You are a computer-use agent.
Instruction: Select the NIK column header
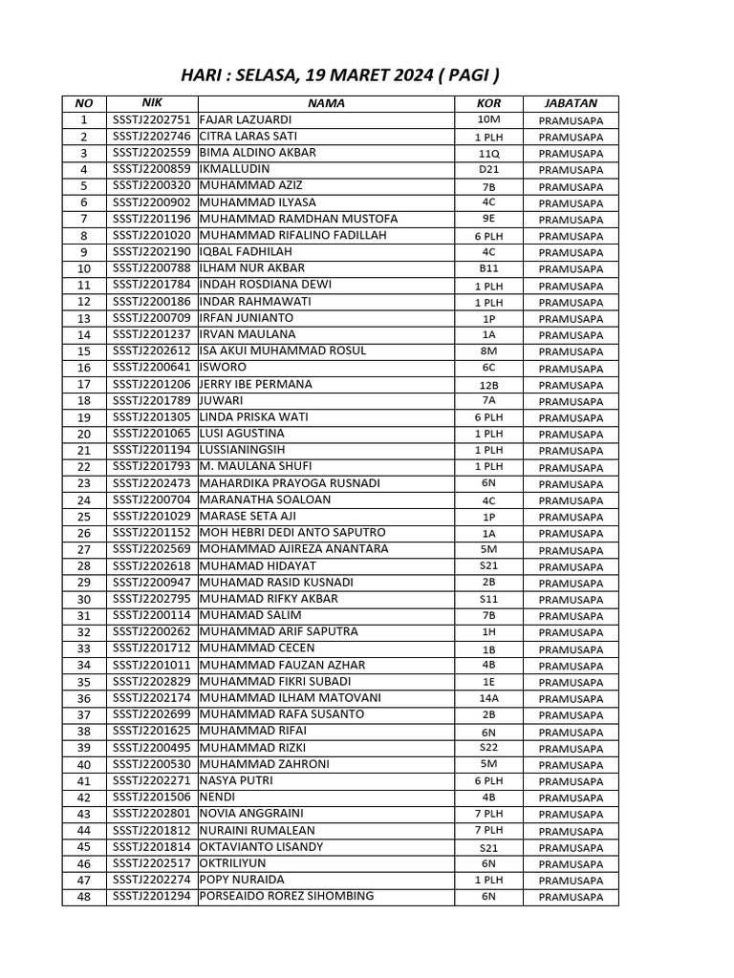click(152, 102)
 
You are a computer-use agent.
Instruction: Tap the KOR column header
click(487, 103)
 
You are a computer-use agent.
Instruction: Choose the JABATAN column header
click(571, 103)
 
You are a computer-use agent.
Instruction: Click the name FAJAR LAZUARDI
click(245, 119)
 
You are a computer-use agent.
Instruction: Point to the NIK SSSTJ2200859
click(152, 169)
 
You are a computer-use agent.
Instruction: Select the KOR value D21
click(488, 170)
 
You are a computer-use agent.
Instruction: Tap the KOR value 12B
click(488, 385)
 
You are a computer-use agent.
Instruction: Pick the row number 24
click(84, 500)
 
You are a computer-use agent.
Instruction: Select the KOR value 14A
click(488, 699)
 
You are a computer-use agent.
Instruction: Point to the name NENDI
click(217, 797)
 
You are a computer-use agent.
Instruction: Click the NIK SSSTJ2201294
click(152, 897)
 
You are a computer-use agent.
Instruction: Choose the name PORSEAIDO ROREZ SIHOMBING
click(286, 897)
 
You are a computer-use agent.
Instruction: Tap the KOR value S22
click(488, 748)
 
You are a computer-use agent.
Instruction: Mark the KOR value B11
click(488, 269)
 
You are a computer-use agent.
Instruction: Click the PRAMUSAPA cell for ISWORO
click(571, 369)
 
